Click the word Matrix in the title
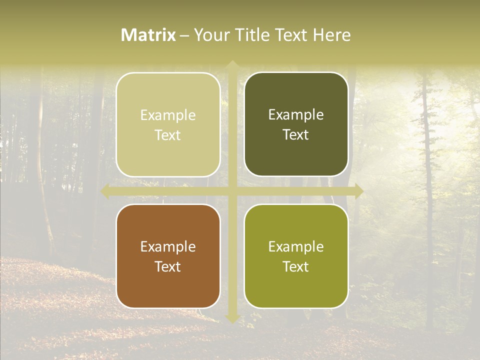click(148, 35)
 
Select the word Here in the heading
click(331, 35)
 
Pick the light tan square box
click(168, 124)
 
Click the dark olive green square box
click(296, 124)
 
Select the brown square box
click(168, 256)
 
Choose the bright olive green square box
click(296, 256)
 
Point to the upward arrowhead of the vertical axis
click(232, 65)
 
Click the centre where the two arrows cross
click(232, 191)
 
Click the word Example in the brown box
click(168, 246)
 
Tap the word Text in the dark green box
click(296, 134)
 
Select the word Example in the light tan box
click(168, 115)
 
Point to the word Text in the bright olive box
click(296, 266)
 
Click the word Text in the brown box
click(168, 266)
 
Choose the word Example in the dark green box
click(296, 114)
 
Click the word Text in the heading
click(291, 35)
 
